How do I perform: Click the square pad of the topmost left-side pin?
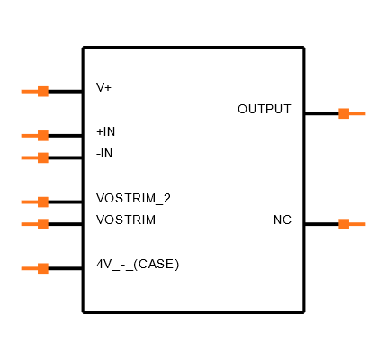coord(43,91)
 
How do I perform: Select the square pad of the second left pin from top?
coord(43,136)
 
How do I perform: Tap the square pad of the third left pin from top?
coord(43,157)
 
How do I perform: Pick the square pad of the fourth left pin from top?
coord(43,202)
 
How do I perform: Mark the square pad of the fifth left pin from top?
coord(43,224)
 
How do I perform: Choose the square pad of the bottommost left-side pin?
coord(43,268)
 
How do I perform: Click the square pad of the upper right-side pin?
coord(344,113)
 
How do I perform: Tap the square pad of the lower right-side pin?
coord(344,224)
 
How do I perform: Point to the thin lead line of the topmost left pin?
coord(29,91)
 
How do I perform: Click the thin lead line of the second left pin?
coord(29,136)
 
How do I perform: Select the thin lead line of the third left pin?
coord(29,157)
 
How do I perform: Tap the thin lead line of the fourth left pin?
coord(29,202)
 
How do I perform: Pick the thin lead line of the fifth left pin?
coord(29,224)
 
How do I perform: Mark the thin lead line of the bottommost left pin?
coord(29,268)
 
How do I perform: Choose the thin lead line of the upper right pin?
coord(357,113)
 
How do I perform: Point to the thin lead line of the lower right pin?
coord(357,224)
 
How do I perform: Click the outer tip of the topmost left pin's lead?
coord(22,91)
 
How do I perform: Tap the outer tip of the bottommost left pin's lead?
coord(22,268)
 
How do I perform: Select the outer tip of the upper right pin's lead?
coord(364,113)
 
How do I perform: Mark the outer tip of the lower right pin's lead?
coord(364,224)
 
